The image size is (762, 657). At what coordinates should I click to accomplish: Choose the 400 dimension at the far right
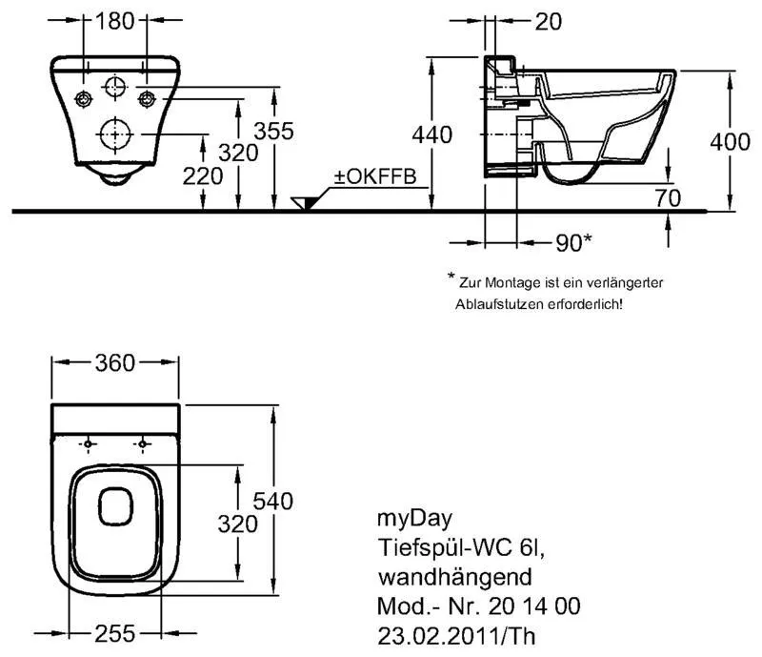point(731,142)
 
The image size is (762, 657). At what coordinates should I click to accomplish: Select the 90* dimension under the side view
point(571,242)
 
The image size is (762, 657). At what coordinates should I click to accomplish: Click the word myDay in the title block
point(404,519)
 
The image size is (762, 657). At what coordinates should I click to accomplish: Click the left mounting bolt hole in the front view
point(84,98)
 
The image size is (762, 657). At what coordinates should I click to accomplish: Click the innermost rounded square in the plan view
point(116,505)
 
